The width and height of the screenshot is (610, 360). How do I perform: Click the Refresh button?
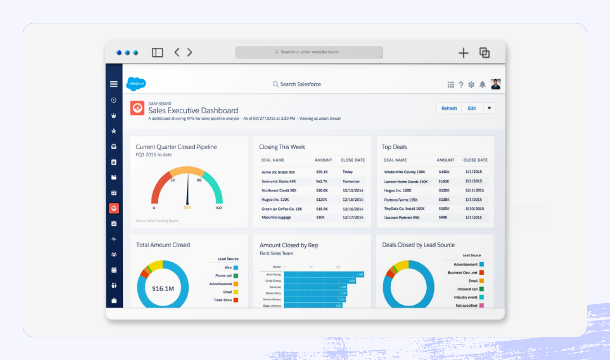449,108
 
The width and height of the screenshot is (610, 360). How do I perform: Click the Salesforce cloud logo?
136,84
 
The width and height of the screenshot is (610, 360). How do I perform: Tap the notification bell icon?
482,85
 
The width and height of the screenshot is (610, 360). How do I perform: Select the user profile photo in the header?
495,84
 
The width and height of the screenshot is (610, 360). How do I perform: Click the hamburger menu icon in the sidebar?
114,84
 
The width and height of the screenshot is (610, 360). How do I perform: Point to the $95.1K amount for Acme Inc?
322,172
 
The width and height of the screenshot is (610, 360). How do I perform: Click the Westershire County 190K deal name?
404,172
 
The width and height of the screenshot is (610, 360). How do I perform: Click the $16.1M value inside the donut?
163,289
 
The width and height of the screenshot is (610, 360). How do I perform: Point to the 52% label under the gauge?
187,208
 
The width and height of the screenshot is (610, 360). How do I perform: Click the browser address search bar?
308,52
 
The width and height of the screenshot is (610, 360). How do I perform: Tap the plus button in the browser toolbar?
463,53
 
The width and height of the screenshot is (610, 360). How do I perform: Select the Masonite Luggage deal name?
276,218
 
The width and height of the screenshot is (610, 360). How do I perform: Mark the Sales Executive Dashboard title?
193,111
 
